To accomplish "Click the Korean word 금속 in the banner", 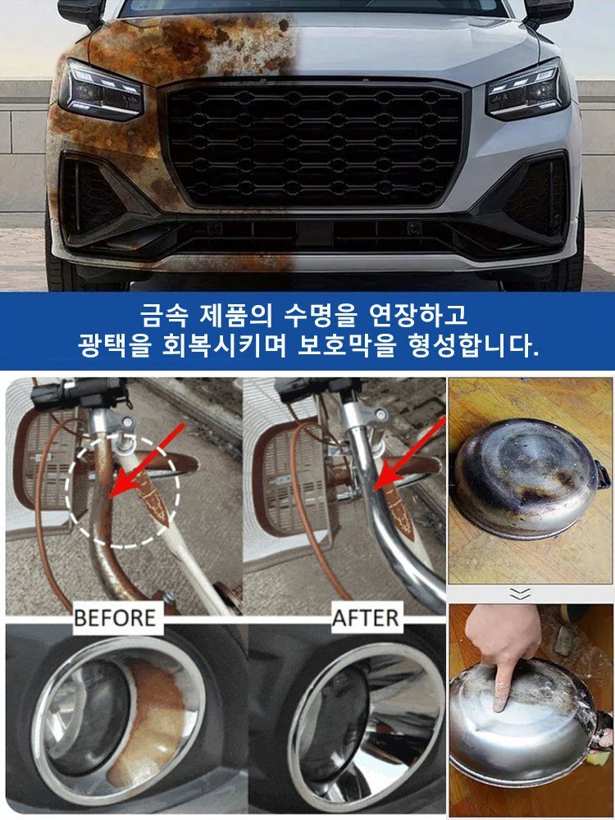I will pyautogui.click(x=162, y=314).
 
